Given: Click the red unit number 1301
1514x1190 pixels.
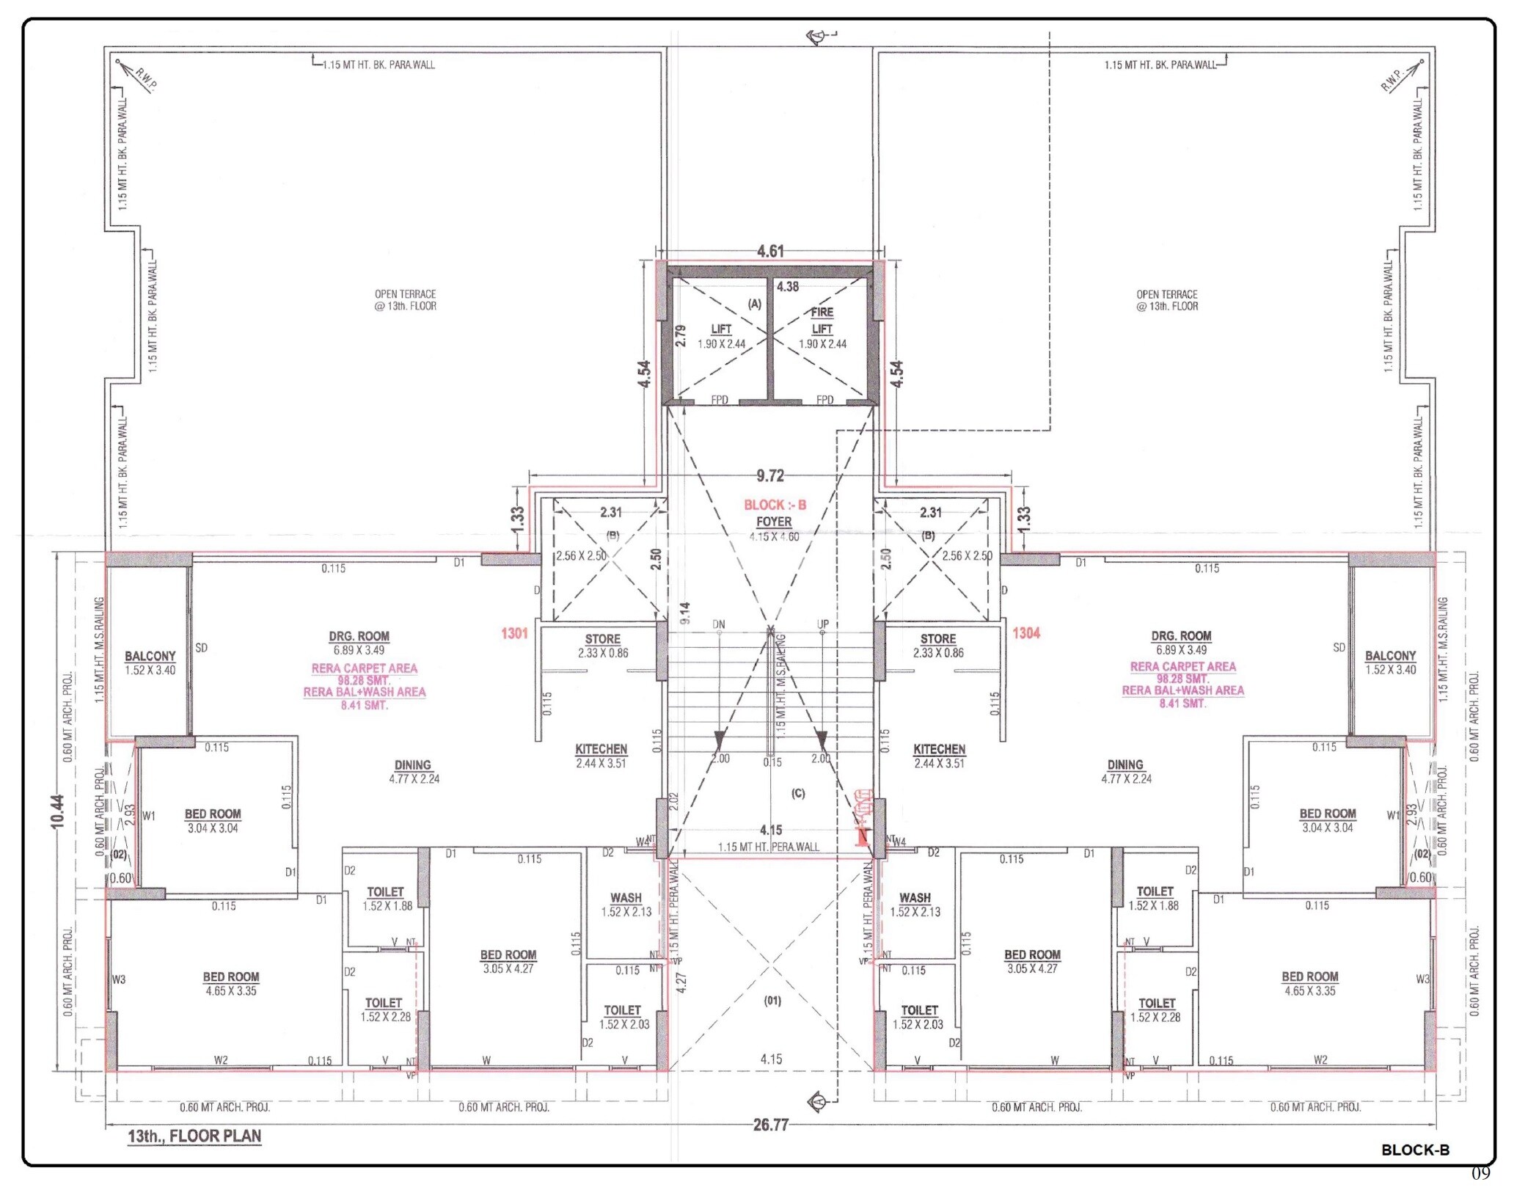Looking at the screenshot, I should coord(514,633).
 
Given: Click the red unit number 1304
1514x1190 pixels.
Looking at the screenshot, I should coord(1026,633).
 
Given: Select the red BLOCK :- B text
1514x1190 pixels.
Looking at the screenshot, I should coord(775,505).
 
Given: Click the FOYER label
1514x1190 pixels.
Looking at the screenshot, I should coord(774,522).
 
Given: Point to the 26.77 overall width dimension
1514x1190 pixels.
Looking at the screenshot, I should coord(770,1125).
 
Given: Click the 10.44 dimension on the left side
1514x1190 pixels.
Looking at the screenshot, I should coord(58,811).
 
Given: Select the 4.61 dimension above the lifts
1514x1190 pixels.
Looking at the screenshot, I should coord(770,251).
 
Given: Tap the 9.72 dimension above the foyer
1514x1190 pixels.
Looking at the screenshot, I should coord(770,475).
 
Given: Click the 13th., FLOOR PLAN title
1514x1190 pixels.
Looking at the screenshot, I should coord(194,1136).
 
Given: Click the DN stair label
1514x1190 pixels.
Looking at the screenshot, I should coord(719,624).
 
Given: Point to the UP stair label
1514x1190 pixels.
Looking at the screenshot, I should coord(823,624).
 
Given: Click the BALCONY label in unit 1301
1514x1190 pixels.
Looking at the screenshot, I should coord(150,656).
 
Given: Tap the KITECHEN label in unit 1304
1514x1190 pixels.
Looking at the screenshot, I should coord(939,749).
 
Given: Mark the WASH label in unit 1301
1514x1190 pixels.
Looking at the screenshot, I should coord(626,897).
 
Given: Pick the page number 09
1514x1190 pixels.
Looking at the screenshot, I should coord(1480,1173).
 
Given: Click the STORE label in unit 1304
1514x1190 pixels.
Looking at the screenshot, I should coord(938,639).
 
